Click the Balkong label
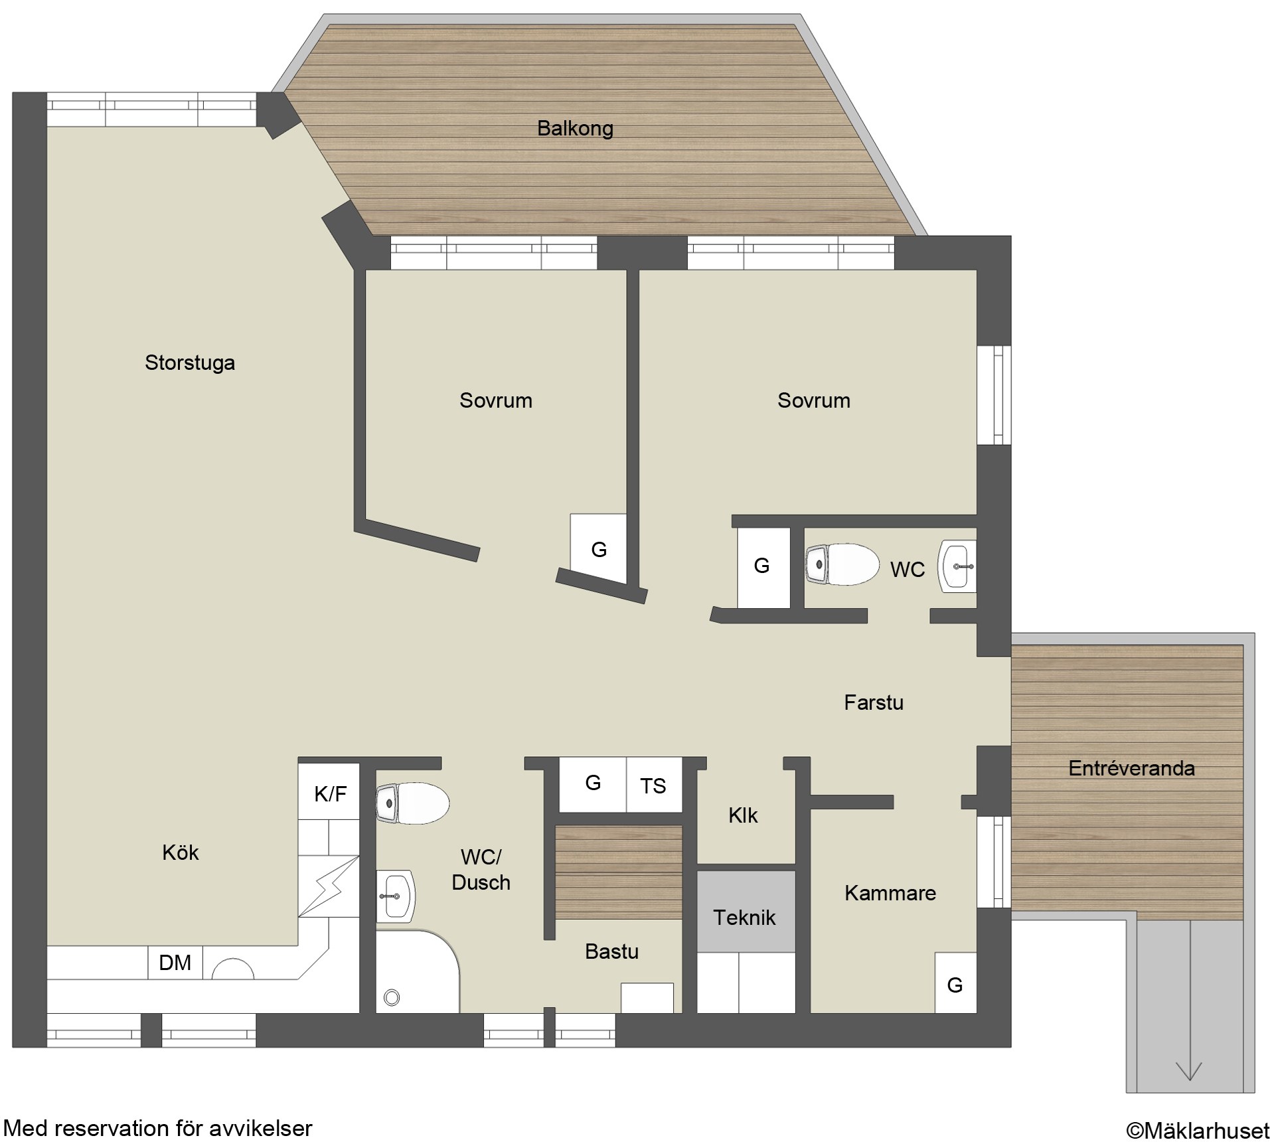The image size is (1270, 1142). pos(575,128)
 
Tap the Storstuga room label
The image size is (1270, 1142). pos(190,363)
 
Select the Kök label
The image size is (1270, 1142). pos(181,853)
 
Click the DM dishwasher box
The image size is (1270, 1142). pos(175,962)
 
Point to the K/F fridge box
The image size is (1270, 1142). pos(330,793)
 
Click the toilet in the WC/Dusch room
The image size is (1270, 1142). pos(412,803)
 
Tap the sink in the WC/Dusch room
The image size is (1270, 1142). pos(396,896)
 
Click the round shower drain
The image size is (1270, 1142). pos(392,997)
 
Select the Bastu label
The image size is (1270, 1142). pos(612,951)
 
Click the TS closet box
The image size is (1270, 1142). pos(654,785)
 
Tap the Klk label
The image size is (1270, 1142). pos(743,815)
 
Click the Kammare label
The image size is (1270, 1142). pos(890,893)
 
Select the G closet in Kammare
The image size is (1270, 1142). pos(955,983)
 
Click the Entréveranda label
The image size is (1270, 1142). pos(1132,768)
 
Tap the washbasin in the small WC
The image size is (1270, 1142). pos(957,566)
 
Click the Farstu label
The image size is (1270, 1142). pos(874,702)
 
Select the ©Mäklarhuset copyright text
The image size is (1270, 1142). pos(1198,1129)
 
